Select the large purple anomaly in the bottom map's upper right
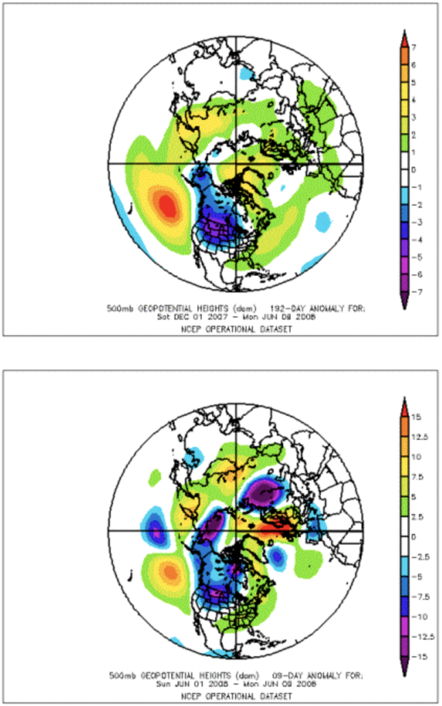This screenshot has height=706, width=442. (x=265, y=492)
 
